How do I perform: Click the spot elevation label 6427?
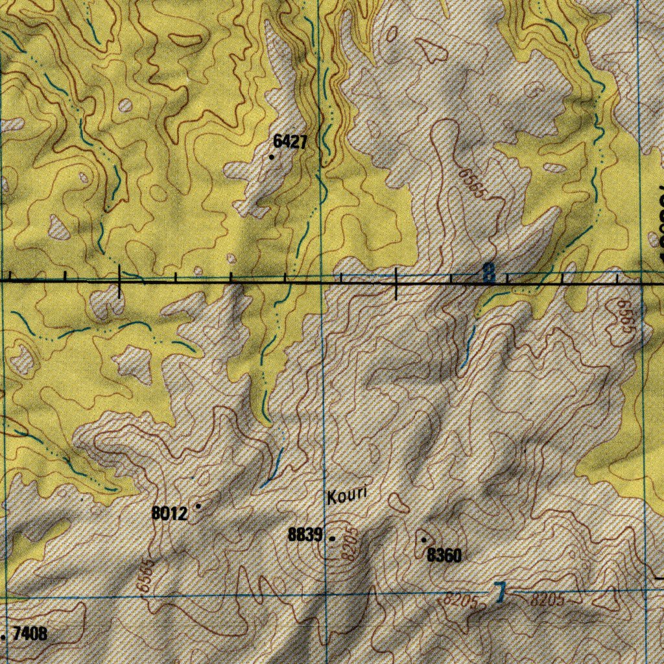[x=290, y=142]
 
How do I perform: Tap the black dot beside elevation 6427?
[x=271, y=156]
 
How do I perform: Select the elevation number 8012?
[x=170, y=514]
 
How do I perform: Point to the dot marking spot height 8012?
[x=198, y=505]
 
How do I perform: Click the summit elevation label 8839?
[x=305, y=535]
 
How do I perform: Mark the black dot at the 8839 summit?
[x=333, y=538]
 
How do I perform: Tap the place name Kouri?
[x=347, y=496]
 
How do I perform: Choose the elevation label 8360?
[x=444, y=555]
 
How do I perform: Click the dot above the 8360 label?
[x=423, y=539]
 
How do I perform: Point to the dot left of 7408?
[x=4, y=637]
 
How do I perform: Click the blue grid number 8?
[x=488, y=273]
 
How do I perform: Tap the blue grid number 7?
[x=499, y=593]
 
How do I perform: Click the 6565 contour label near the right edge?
[x=625, y=316]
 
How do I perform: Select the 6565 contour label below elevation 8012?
[x=145, y=575]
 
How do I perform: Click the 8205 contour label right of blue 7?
[x=547, y=600]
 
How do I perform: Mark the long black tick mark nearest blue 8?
[x=397, y=283]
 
